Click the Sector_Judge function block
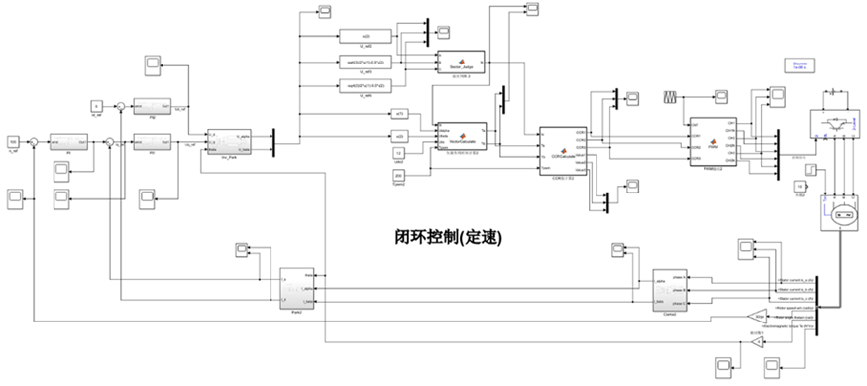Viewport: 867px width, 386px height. click(x=457, y=60)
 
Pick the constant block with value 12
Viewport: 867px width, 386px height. click(x=399, y=153)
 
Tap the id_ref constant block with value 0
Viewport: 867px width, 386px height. click(x=97, y=104)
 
